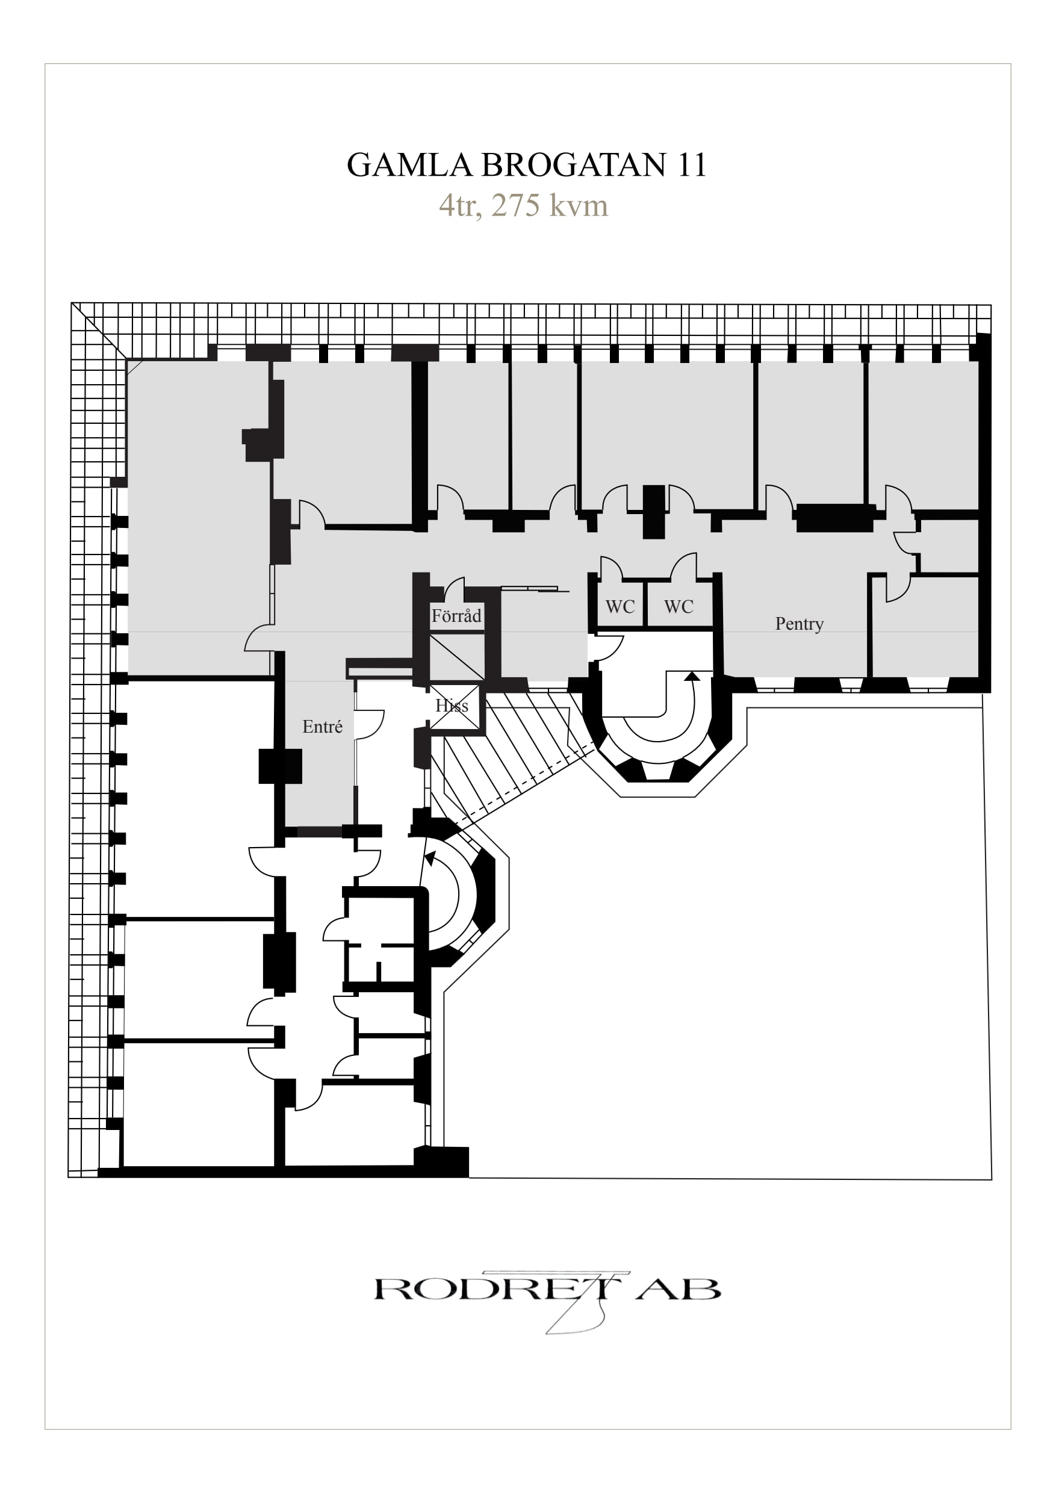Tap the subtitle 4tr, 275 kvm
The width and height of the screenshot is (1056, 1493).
523,205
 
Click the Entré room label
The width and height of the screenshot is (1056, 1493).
323,727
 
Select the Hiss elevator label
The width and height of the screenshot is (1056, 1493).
452,706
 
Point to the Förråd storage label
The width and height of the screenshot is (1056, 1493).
456,615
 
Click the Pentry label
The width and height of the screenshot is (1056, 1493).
799,624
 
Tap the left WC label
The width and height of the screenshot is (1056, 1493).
620,607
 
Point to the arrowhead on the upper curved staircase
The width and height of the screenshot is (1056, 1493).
693,676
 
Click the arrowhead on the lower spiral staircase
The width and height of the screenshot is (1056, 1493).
430,858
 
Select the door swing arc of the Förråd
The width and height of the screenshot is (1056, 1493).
455,586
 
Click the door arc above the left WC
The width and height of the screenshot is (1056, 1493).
610,567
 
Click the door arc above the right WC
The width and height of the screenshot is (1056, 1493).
685,565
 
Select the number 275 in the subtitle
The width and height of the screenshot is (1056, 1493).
515,205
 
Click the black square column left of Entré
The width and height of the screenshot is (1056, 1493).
281,766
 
